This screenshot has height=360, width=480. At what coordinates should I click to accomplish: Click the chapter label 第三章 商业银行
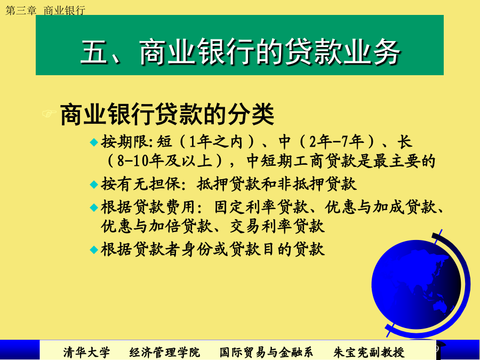(45, 11)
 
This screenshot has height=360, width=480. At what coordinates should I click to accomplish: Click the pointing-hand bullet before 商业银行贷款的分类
(49, 114)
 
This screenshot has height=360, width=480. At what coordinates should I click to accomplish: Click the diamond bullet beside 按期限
(94, 142)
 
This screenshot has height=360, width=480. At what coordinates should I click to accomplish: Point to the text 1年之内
(216, 142)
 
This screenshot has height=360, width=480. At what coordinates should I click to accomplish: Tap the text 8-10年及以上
(165, 161)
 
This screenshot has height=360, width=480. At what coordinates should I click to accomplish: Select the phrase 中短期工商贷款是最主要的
(341, 161)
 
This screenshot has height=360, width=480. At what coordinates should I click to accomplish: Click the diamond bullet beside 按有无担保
(94, 185)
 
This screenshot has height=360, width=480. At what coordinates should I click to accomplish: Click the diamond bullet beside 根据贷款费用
(94, 207)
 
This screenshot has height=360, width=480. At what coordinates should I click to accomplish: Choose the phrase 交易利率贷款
(277, 226)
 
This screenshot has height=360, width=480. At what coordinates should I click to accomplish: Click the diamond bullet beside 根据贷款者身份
(94, 250)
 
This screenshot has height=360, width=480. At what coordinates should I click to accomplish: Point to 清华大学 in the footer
(86, 353)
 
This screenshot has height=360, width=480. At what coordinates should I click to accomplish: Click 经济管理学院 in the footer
(165, 353)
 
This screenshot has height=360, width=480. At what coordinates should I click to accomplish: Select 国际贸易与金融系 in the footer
(266, 353)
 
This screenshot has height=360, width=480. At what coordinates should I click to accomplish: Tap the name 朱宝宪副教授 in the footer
(369, 353)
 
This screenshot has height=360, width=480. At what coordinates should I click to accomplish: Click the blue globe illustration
(417, 285)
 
